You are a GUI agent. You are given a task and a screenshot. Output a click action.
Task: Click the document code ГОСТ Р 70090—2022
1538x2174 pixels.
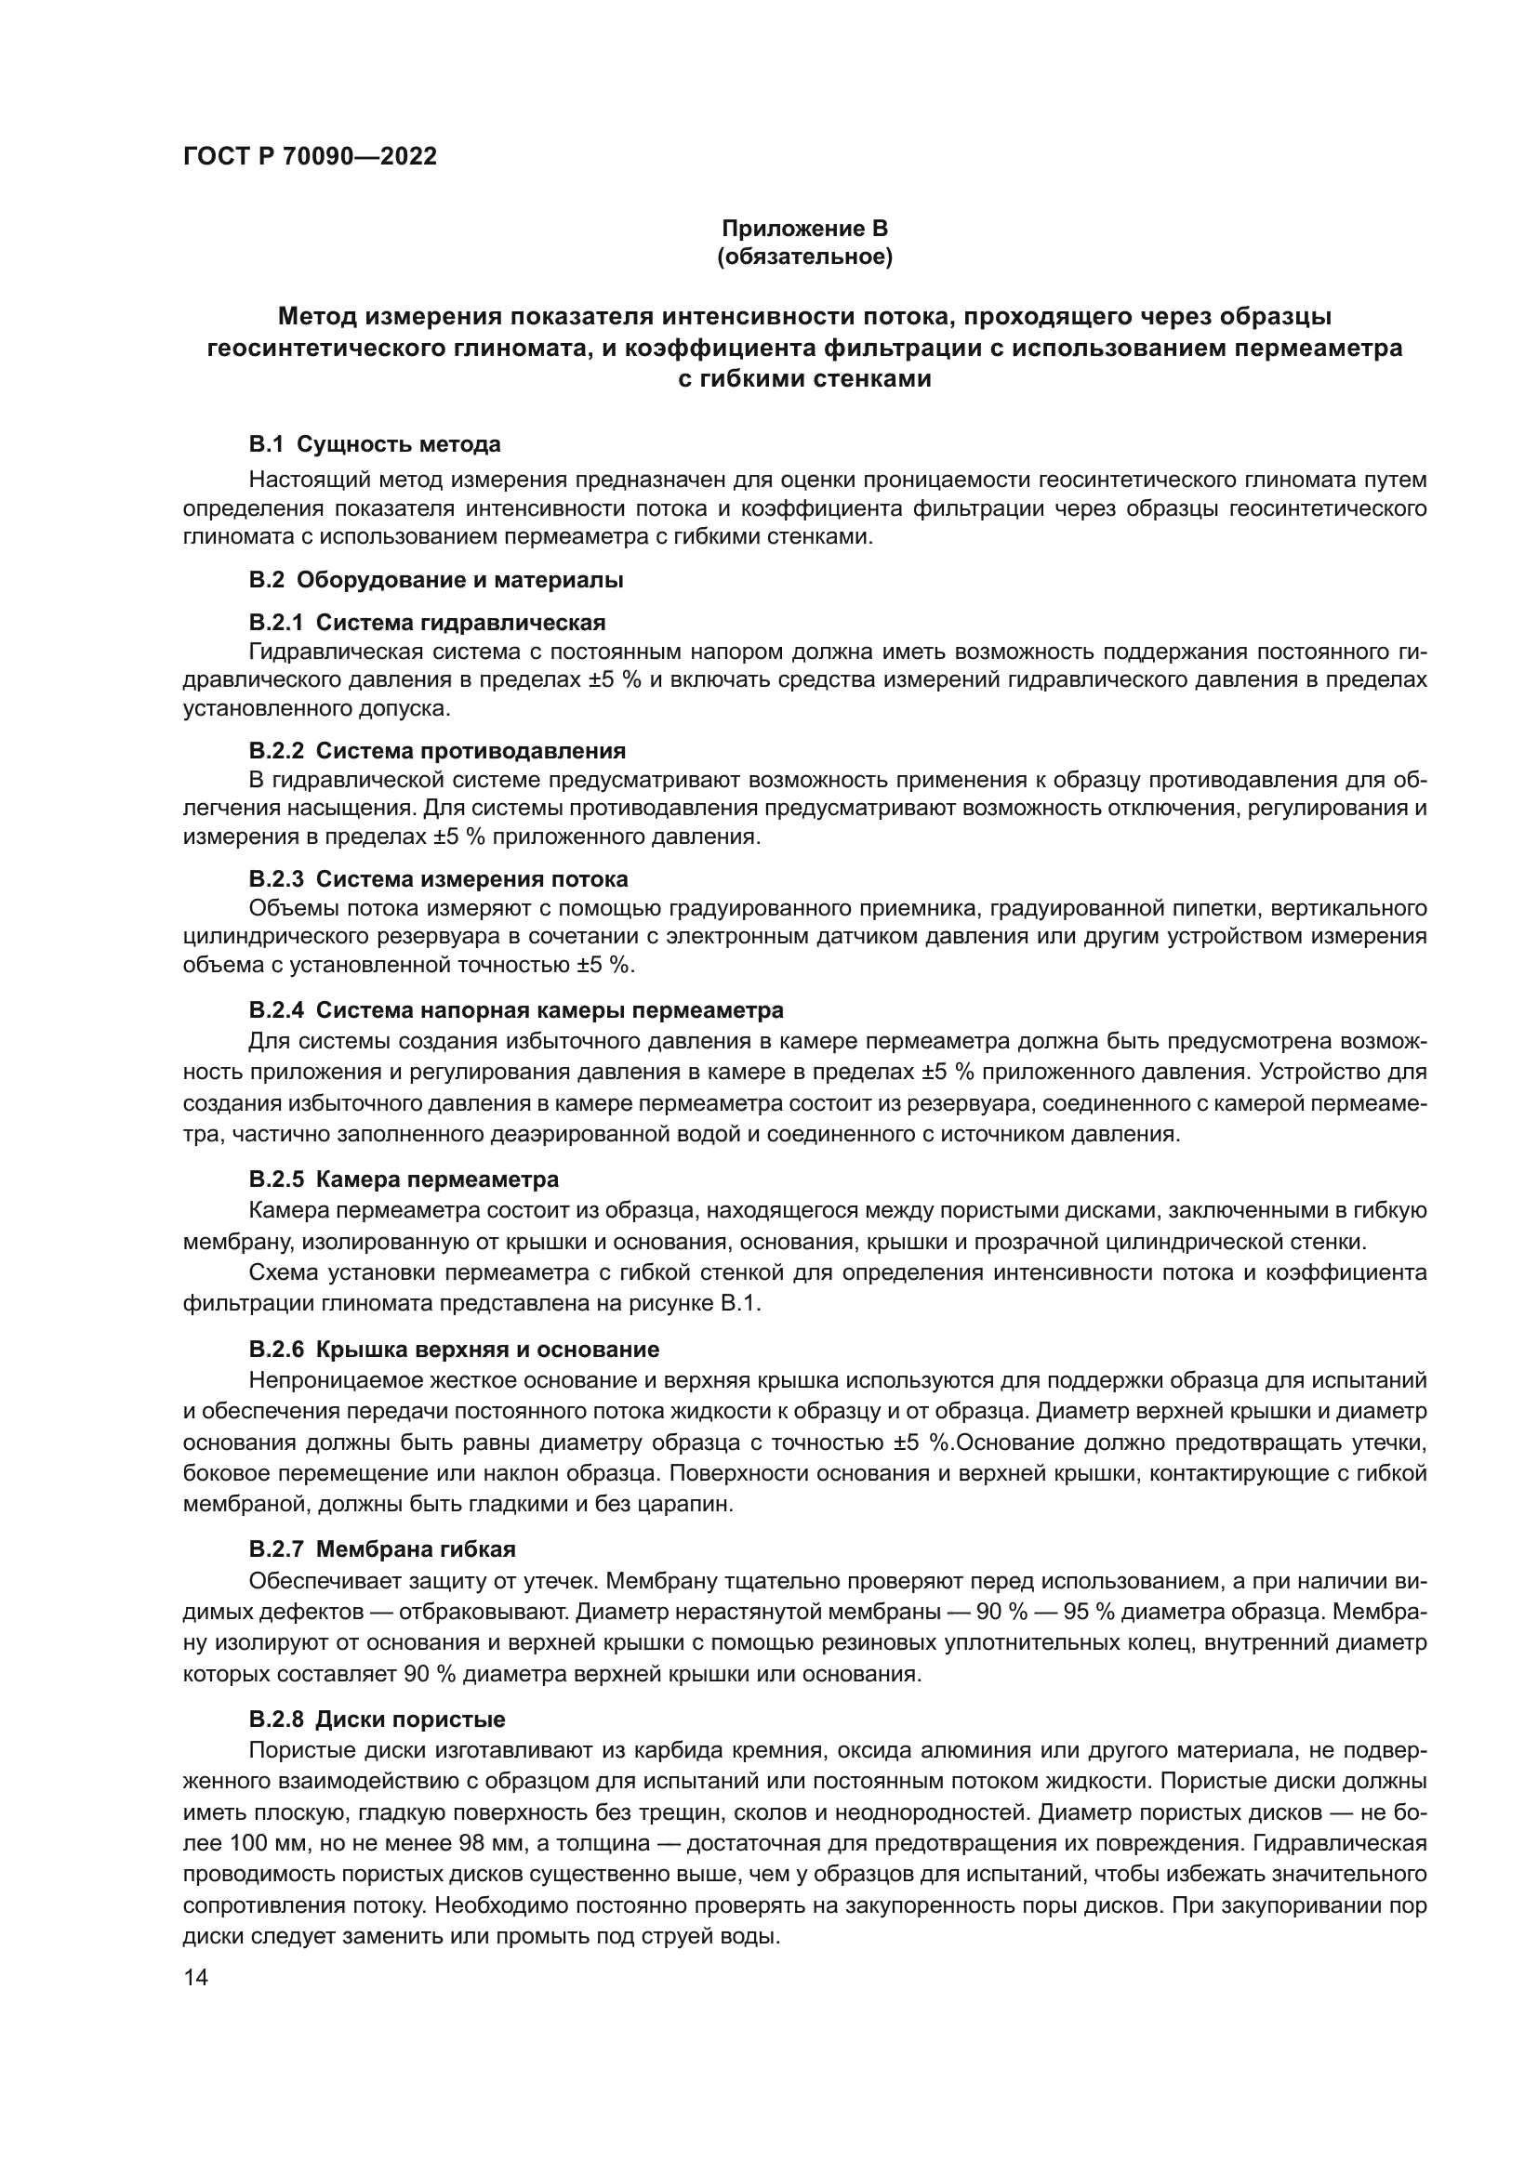coord(310,157)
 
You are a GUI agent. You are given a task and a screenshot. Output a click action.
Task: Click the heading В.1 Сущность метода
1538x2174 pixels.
coord(375,444)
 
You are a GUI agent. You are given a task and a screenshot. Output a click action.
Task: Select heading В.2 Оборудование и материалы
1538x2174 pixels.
coord(435,580)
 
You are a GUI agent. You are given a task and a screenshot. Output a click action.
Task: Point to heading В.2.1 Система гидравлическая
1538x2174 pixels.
coord(427,623)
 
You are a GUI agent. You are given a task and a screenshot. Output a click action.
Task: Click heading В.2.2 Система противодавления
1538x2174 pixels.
coord(438,751)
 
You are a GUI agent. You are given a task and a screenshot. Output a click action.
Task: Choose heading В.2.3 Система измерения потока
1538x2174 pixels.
coord(439,879)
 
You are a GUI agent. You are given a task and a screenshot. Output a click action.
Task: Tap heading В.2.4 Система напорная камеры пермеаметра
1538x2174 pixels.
coord(516,1009)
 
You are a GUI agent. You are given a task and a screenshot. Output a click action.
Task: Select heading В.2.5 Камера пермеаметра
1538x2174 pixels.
coord(404,1179)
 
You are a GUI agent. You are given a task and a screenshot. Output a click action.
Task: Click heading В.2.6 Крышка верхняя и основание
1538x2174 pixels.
coord(454,1350)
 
